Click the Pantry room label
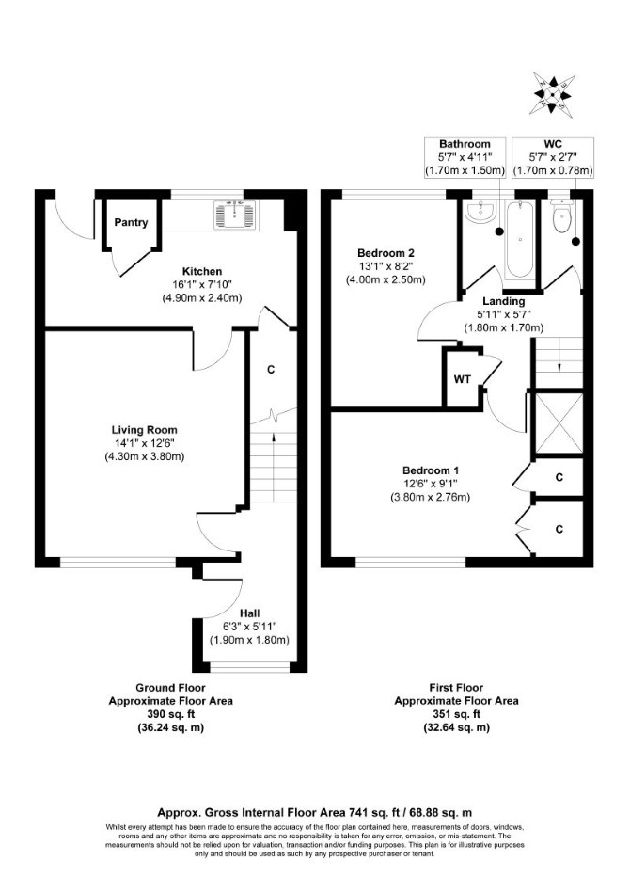pyautogui.click(x=131, y=222)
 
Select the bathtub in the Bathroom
pyautogui.click(x=520, y=240)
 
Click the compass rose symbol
pyautogui.click(x=552, y=94)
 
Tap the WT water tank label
pyautogui.click(x=463, y=379)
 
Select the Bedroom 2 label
pyautogui.click(x=386, y=253)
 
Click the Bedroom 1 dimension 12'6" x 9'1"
pyautogui.click(x=430, y=484)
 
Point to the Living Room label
pyautogui.click(x=145, y=430)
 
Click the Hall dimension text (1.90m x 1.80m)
pyautogui.click(x=249, y=640)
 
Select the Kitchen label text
pyautogui.click(x=202, y=271)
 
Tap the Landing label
pyautogui.click(x=504, y=301)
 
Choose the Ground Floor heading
pyautogui.click(x=170, y=688)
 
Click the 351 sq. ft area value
pyautogui.click(x=457, y=714)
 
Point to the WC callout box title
pyautogui.click(x=553, y=144)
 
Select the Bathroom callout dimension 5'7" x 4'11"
pyautogui.click(x=465, y=157)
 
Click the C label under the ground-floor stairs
pyautogui.click(x=271, y=370)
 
